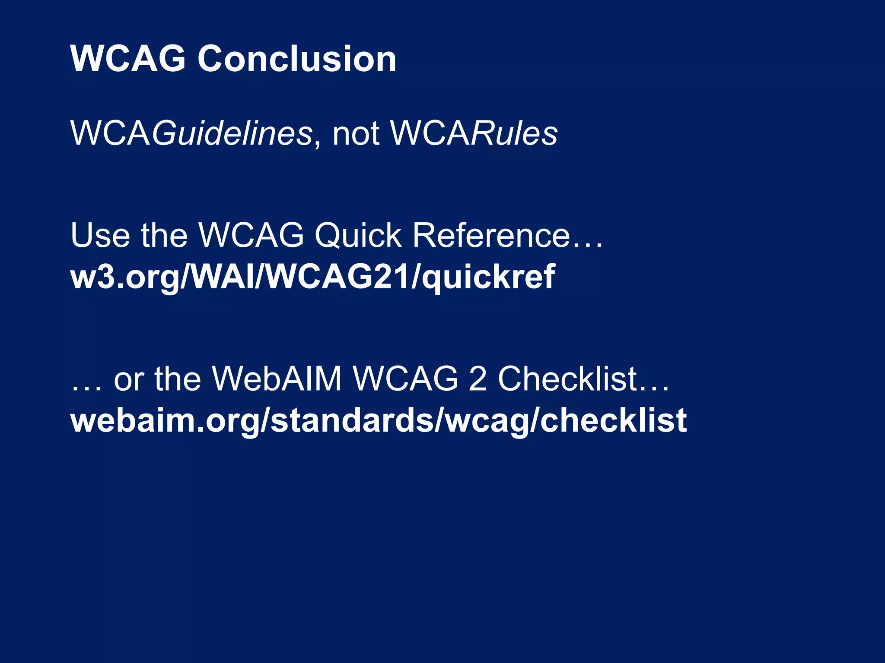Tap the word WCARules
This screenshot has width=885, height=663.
tap(474, 133)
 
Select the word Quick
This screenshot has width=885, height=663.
tap(358, 235)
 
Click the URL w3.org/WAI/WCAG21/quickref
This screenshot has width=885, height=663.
tap(312, 277)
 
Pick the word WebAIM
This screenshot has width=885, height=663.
tap(277, 379)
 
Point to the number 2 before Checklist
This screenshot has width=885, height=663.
tap(478, 379)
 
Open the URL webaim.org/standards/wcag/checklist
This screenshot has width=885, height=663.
tap(379, 420)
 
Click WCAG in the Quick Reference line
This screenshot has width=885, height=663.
tap(251, 235)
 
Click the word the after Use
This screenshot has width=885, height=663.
tap(164, 235)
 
